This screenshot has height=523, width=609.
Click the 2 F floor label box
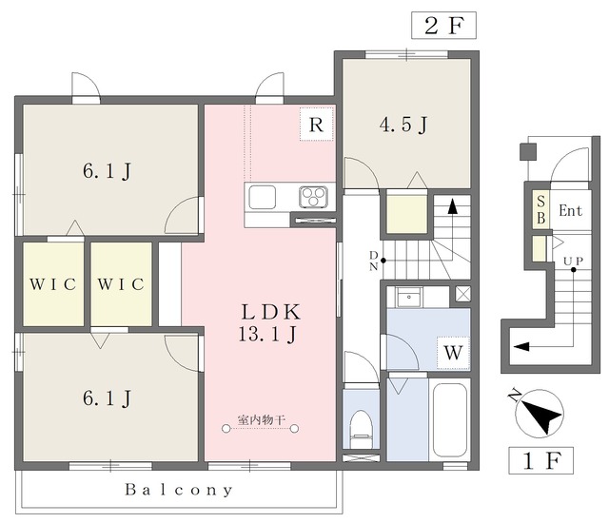click(444, 26)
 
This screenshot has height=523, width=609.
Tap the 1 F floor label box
click(541, 460)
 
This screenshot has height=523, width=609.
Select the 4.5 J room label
click(403, 125)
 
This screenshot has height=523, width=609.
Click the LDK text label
click(270, 312)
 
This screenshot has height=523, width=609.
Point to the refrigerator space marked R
click(317, 124)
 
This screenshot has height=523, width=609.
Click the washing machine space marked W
click(453, 353)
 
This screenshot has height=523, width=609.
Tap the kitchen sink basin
click(263, 197)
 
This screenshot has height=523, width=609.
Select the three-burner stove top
click(313, 196)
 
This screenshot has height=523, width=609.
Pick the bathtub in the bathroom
click(450, 420)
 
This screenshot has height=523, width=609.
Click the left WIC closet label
click(53, 284)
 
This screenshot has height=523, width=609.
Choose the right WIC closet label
click(121, 284)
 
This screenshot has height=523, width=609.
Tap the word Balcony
click(179, 490)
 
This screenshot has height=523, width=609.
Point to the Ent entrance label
click(571, 211)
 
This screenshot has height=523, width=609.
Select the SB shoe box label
click(540, 210)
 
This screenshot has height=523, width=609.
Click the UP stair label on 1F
click(573, 261)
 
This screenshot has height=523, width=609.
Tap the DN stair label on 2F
click(373, 261)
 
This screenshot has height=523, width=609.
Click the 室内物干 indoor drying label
click(262, 419)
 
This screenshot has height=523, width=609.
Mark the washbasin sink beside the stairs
click(409, 298)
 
